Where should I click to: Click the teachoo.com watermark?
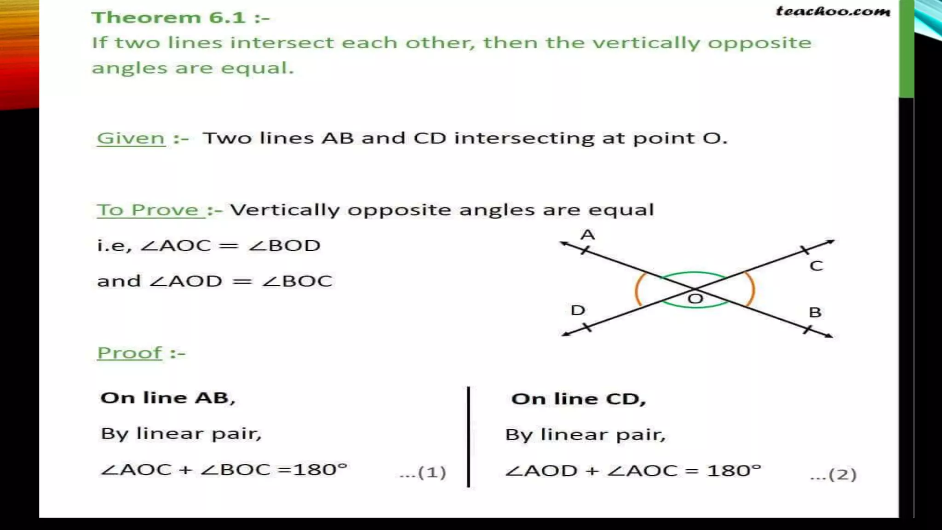pos(833,11)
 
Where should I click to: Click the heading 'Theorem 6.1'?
pos(180,17)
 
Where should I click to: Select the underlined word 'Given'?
pos(131,138)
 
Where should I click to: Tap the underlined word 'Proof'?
pos(130,353)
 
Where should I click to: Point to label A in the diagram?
pos(587,235)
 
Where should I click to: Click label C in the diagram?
pos(816,266)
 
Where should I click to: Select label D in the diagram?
pos(578,310)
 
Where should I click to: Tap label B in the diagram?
pos(815,312)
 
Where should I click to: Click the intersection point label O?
pos(695,299)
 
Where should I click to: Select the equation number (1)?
pos(423,472)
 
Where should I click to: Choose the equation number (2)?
pos(833,474)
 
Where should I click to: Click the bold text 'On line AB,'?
pos(168,398)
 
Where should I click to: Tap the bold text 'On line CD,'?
pos(579,399)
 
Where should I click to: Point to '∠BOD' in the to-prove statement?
pos(284,246)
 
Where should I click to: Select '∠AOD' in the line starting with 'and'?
pos(186,281)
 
